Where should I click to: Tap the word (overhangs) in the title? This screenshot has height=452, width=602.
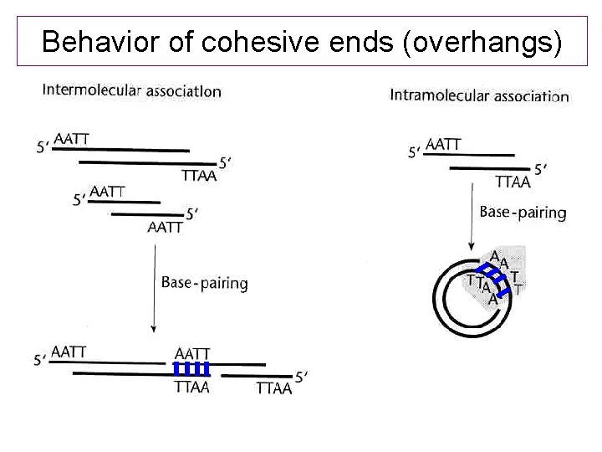482,42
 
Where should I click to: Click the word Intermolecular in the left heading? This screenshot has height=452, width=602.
93,91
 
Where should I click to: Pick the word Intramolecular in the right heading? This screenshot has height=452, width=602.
440,95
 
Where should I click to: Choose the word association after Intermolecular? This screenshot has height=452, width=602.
184,91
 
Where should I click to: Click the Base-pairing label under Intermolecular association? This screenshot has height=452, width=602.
204,283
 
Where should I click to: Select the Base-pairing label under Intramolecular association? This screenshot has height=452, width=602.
523,213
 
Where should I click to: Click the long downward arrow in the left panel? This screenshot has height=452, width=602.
153,285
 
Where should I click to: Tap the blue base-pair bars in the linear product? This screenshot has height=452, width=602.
191,369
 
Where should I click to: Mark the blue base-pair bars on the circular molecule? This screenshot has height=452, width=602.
496,275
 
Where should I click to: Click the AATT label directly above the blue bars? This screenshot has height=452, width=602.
192,354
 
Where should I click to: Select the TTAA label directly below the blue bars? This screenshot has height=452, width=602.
191,387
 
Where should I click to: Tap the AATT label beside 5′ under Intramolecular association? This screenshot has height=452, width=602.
443,144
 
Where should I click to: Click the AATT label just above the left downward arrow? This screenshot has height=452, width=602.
165,227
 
